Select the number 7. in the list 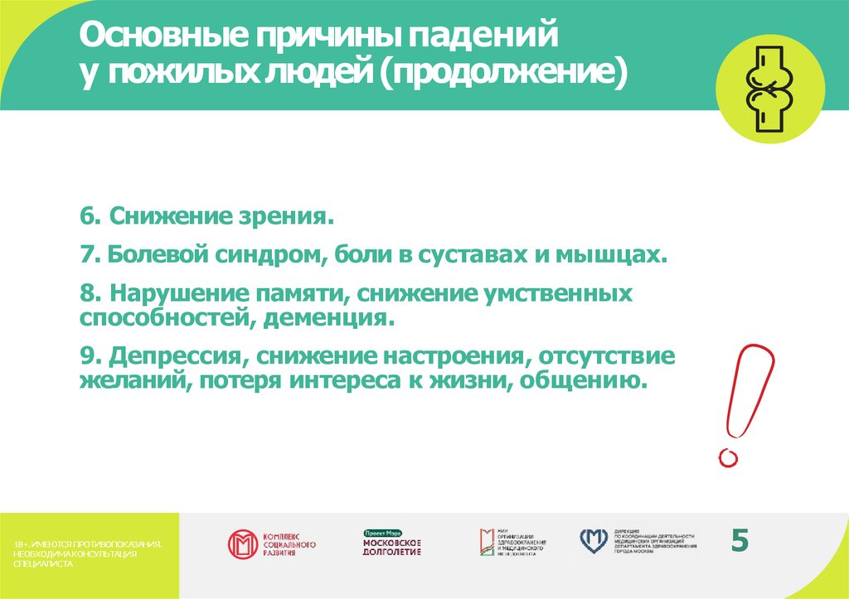click(90, 254)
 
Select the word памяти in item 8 click(288, 293)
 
